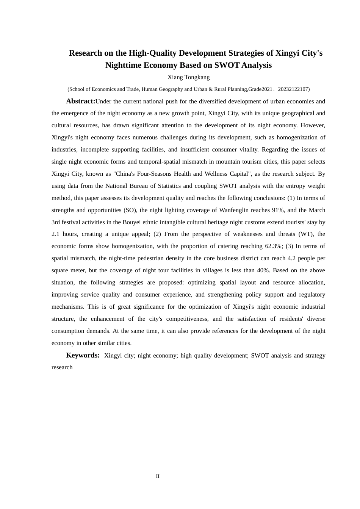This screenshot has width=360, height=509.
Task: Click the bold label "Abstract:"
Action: pos(81,101)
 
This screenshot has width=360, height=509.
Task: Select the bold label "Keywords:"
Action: pos(83,355)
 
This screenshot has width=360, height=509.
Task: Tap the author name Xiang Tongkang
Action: pos(188,77)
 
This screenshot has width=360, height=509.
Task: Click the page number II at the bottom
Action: pos(158,476)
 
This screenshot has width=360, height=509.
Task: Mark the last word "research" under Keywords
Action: pos(62,367)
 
